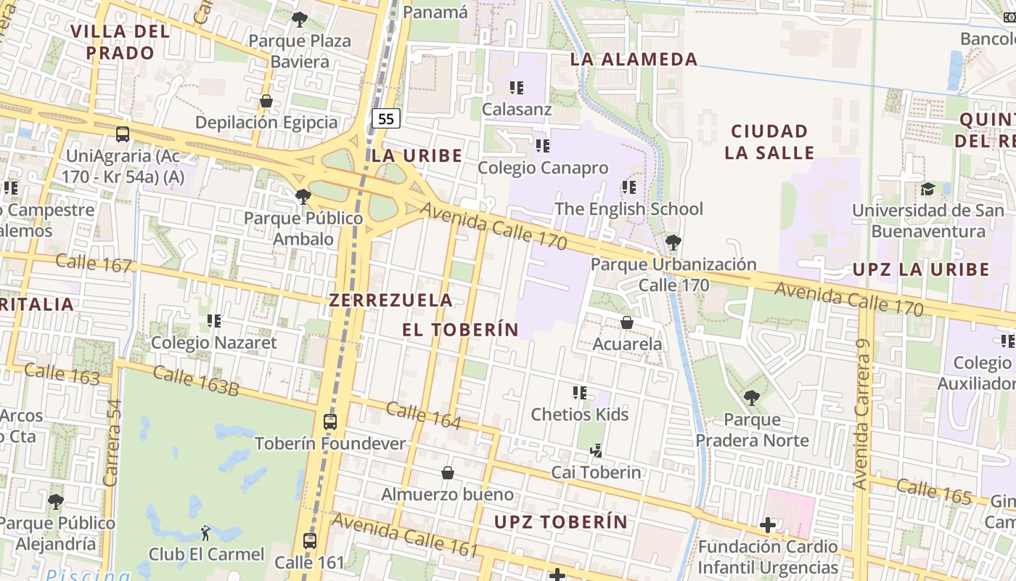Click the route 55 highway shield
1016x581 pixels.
[386, 118]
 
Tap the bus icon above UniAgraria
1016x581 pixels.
[123, 134]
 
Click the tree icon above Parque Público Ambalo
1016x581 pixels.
[303, 196]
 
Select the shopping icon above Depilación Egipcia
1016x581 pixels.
[266, 101]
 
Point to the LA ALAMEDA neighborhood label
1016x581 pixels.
[634, 60]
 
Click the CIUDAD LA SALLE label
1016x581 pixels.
[769, 142]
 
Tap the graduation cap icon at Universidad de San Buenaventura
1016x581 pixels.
[927, 189]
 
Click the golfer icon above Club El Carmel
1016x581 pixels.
[205, 532]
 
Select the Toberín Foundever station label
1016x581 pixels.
[329, 443]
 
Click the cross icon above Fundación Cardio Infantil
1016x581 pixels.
[768, 524]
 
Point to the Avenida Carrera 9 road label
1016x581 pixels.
[861, 414]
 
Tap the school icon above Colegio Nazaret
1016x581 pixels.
[213, 320]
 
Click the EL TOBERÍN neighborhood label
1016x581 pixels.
[461, 330]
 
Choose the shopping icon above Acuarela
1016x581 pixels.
[627, 322]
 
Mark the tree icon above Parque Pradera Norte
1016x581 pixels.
[752, 398]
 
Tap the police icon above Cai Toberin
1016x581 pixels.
[596, 451]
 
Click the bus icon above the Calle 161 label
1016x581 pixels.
[310, 540]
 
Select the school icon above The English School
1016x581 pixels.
[628, 187]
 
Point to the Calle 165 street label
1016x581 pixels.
[933, 492]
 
